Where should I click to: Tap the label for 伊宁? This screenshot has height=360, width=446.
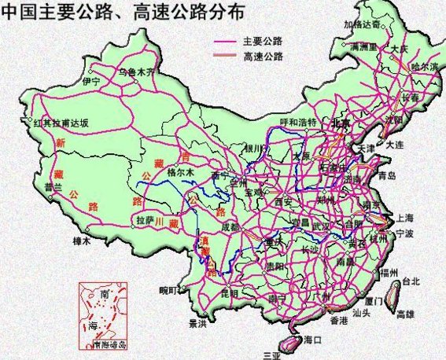91,81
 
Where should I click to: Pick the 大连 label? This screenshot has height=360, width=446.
395,145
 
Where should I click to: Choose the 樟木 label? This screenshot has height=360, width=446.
82,241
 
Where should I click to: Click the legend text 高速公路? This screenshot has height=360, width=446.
264,57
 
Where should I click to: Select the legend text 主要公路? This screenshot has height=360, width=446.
264,42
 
